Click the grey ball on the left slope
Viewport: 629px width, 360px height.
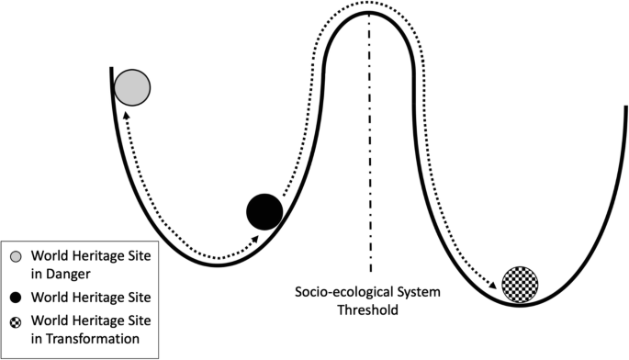[132, 87]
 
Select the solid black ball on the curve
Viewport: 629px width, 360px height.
[264, 212]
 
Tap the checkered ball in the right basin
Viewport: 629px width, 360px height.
[521, 283]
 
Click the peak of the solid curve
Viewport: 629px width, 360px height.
[370, 14]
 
